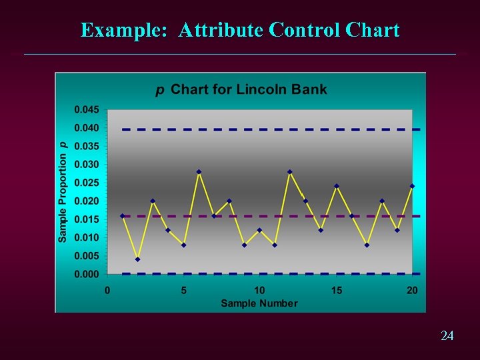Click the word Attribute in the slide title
click(221, 30)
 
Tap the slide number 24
click(447, 336)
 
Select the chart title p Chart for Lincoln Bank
click(241, 89)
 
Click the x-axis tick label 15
click(337, 290)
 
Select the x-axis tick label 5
click(183, 290)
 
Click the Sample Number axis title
click(259, 303)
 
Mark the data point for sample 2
click(137, 259)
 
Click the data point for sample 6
click(199, 172)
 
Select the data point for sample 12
click(290, 172)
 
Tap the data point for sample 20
click(413, 186)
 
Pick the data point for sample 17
click(367, 245)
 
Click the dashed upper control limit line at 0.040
click(267, 129)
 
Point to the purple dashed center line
click(267, 216)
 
